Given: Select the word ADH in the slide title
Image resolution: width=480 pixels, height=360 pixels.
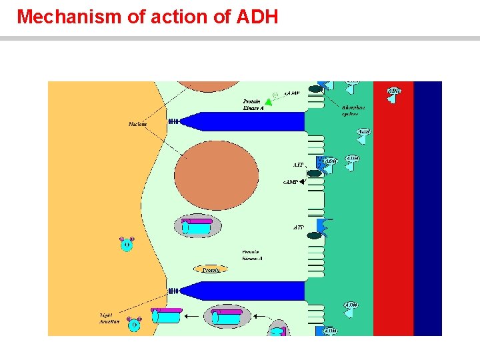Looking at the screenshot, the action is [257, 17].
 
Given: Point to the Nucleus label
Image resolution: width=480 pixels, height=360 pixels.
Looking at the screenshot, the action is [138, 124].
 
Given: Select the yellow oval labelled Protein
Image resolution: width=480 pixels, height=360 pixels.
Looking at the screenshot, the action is [211, 269].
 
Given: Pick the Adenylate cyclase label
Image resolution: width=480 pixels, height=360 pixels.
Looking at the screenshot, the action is [353, 111].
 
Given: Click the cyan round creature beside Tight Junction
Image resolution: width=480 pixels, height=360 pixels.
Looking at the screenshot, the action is [134, 325].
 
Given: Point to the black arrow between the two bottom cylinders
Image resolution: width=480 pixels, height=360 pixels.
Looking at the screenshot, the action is [194, 315].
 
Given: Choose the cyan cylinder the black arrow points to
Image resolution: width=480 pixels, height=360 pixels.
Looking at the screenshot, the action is [165, 315].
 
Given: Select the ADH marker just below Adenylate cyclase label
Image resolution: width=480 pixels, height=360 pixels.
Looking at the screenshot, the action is [364, 133].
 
